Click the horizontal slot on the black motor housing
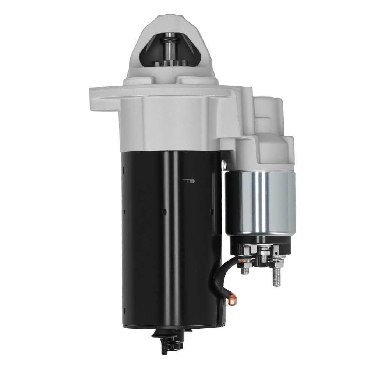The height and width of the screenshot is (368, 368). (x=188, y=181)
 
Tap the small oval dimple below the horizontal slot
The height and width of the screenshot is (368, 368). (x=164, y=212)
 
